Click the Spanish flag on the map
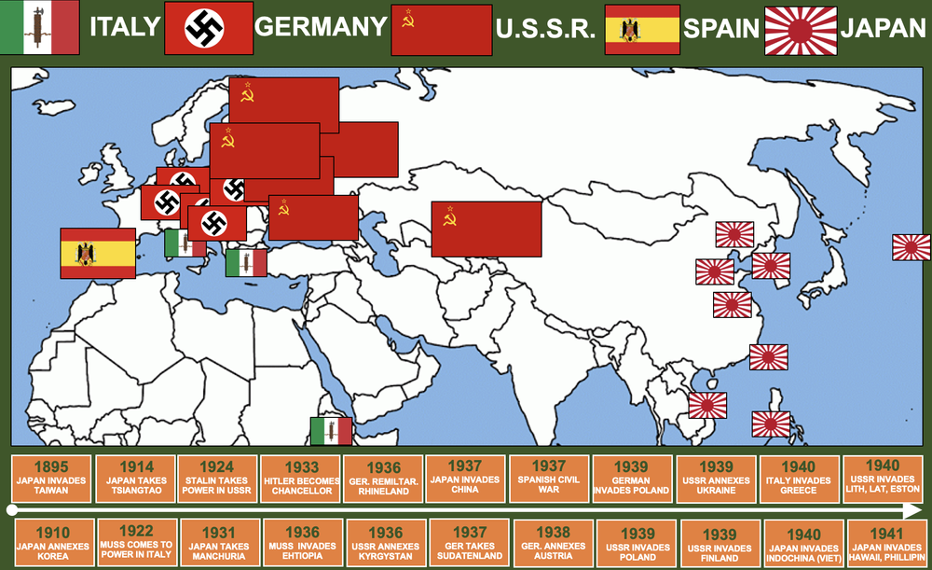tap(98, 253)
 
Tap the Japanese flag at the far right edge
tap(911, 247)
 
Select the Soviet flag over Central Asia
tap(486, 229)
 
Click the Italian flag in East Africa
tap(331, 431)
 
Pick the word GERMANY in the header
tap(321, 27)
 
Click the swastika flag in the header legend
tap(208, 28)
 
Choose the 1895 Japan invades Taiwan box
tap(51, 478)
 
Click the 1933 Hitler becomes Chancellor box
tap(300, 478)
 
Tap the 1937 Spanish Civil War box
tap(549, 478)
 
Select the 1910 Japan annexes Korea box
tap(52, 543)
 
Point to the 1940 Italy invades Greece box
tap(800, 478)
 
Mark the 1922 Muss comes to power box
tap(136, 543)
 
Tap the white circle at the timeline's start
tap(11, 509)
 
